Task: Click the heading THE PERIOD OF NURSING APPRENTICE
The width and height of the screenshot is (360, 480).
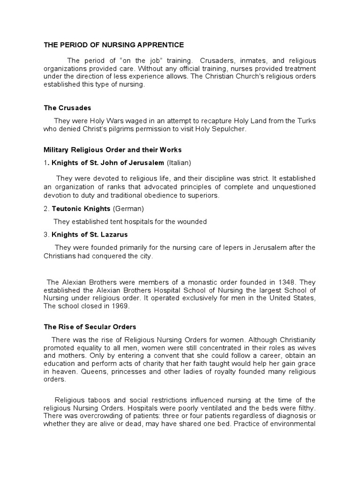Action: (x=114, y=45)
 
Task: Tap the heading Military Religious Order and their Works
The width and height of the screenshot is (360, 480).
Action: (x=112, y=150)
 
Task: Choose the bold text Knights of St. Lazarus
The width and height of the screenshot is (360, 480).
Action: (x=90, y=234)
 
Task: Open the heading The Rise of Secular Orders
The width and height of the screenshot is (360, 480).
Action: (x=90, y=327)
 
